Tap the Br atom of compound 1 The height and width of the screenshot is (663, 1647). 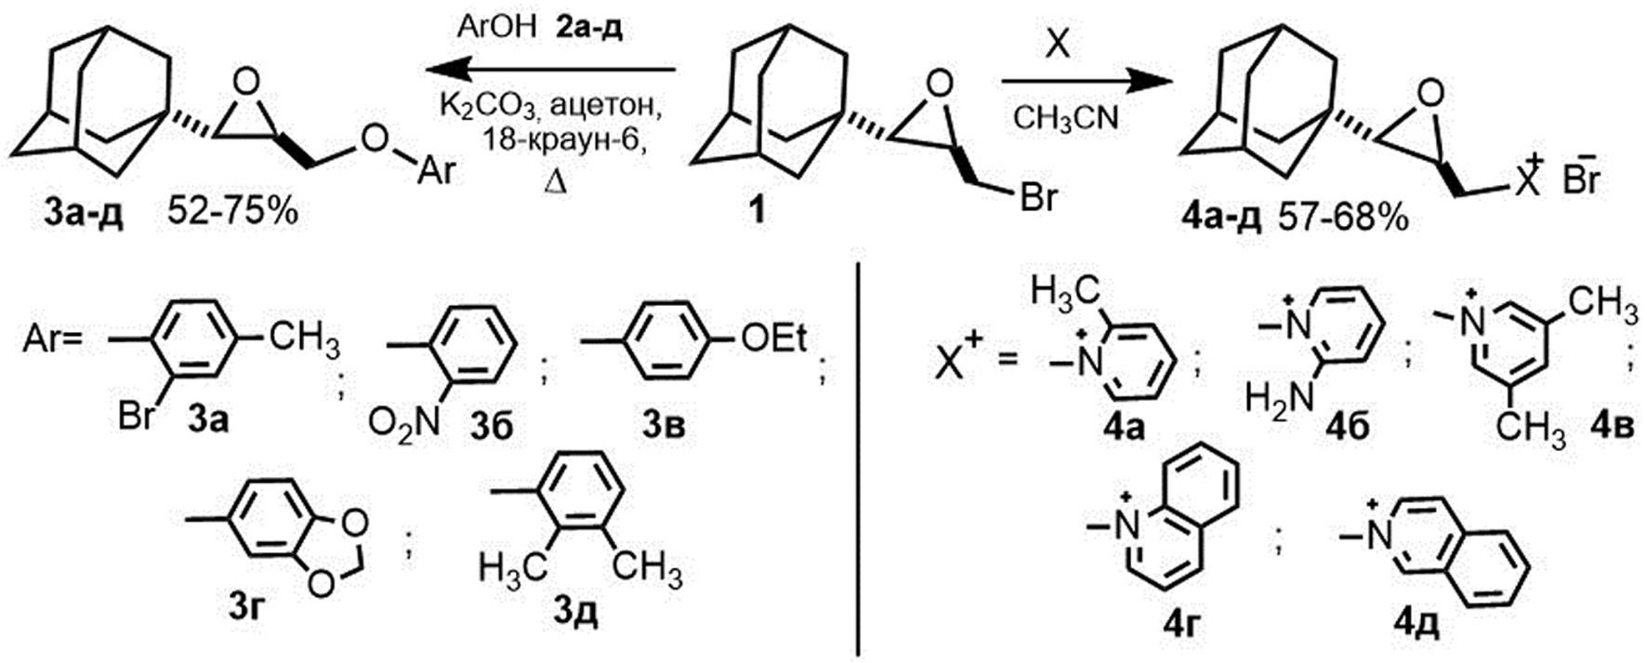point(1038,197)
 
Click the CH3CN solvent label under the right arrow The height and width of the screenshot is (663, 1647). point(1066,118)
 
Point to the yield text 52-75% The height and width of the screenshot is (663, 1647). point(233,213)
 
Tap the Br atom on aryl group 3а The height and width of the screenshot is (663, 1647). point(137,417)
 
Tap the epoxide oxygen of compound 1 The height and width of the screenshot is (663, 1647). point(941,85)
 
